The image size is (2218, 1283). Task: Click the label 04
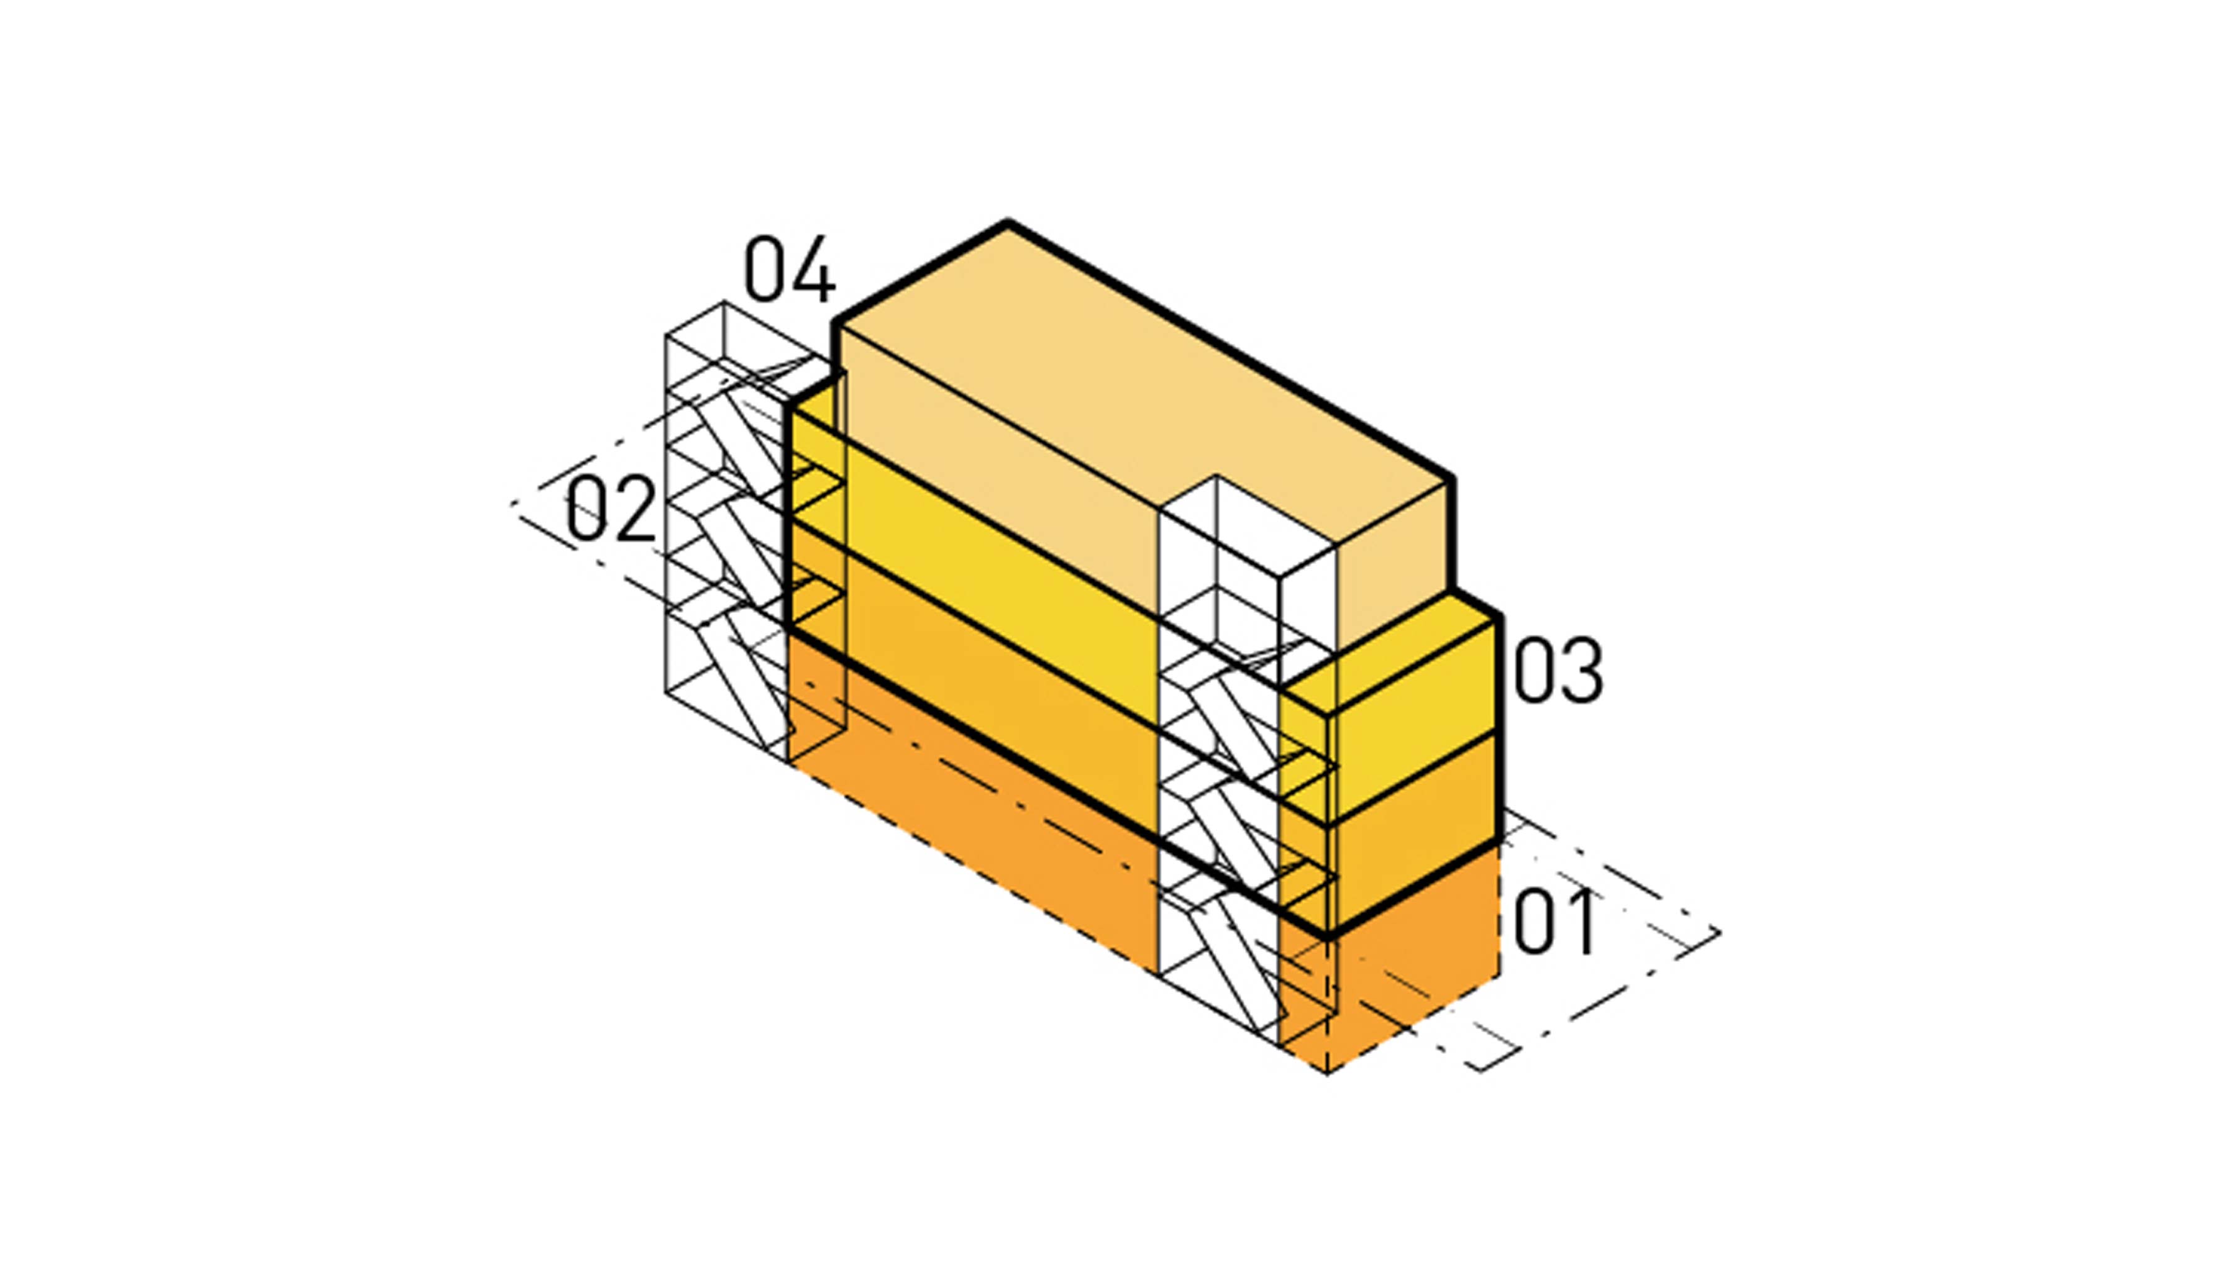coord(790,268)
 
